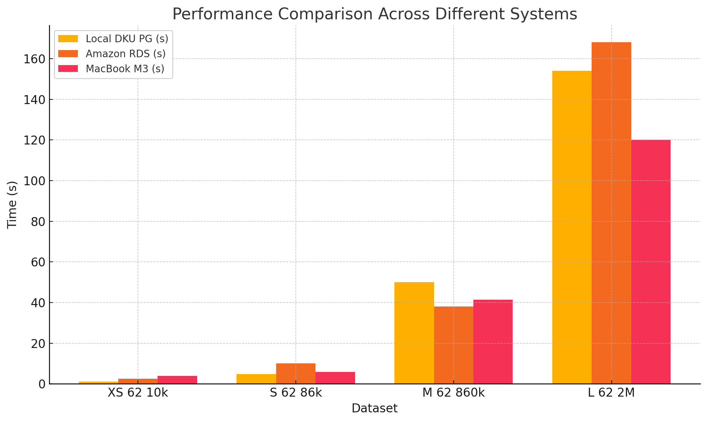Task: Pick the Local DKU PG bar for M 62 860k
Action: click(x=414, y=333)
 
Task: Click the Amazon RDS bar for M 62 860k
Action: click(x=453, y=345)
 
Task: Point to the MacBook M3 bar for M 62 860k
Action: click(x=493, y=342)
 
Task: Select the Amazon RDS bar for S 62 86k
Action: click(x=295, y=373)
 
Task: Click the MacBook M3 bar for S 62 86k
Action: click(x=335, y=378)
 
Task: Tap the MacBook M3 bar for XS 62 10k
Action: click(x=177, y=380)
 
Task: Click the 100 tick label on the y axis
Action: click(x=35, y=181)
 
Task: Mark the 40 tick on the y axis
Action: click(x=38, y=303)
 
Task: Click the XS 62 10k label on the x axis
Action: click(x=138, y=393)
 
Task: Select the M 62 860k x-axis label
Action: click(x=453, y=393)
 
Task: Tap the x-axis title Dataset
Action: click(x=374, y=408)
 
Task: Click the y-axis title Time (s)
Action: click(x=13, y=205)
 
